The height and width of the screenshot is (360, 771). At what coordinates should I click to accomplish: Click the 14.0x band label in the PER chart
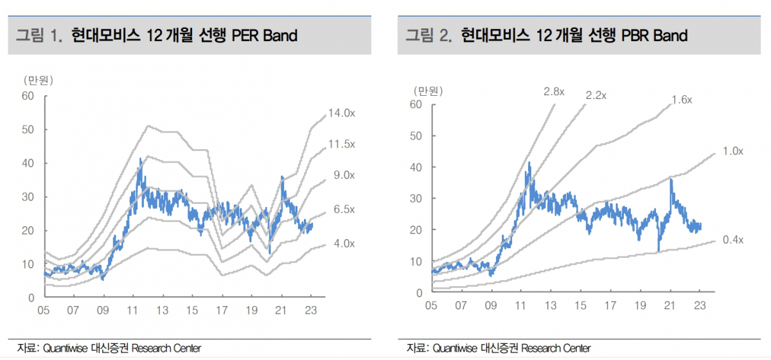(341, 113)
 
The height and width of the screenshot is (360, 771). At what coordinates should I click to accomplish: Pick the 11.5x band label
(341, 144)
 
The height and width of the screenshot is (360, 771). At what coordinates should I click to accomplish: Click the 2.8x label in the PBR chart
(554, 92)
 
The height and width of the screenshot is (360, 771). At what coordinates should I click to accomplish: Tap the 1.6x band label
(681, 100)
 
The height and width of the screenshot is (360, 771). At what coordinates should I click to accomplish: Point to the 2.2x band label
(596, 96)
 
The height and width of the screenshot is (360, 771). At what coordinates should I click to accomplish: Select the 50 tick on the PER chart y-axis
(28, 130)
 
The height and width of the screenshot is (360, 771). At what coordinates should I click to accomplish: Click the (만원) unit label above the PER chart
(38, 80)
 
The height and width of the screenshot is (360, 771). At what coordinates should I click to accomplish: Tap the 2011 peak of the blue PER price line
(140, 159)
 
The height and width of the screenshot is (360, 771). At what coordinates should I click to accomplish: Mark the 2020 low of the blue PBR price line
(659, 251)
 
